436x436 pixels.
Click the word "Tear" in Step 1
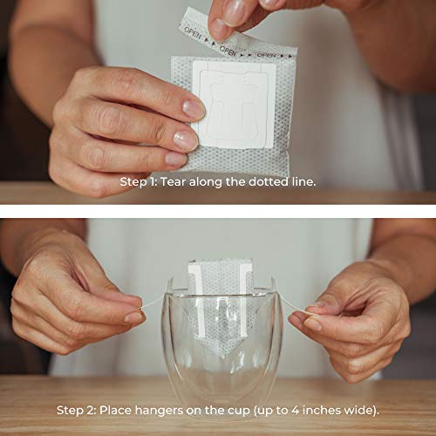click(x=174, y=182)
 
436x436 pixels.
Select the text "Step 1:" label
click(x=139, y=182)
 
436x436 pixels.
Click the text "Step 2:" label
click(x=76, y=411)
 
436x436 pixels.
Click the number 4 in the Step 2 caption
click(x=295, y=411)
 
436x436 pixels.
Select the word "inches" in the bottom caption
click(x=321, y=411)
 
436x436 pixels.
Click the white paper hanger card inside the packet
click(x=235, y=104)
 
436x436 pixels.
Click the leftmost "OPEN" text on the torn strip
click(x=192, y=33)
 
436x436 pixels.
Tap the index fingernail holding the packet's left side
click(x=194, y=109)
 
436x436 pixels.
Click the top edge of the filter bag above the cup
click(x=220, y=261)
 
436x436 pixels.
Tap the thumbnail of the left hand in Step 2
click(x=135, y=317)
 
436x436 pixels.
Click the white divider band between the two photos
click(x=218, y=211)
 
